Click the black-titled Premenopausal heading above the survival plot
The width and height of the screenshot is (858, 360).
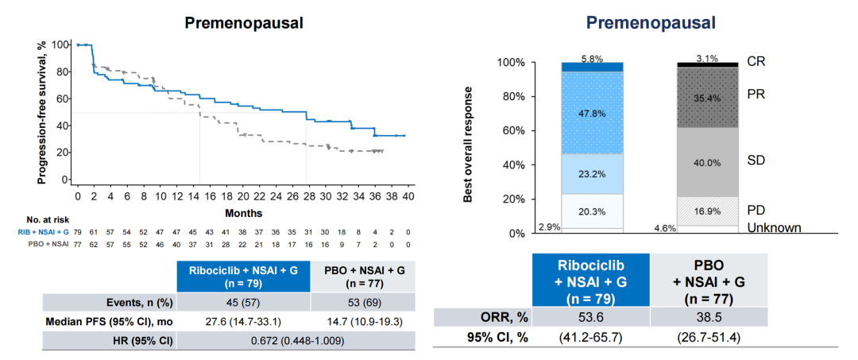(244, 22)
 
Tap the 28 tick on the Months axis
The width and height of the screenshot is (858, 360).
(306, 195)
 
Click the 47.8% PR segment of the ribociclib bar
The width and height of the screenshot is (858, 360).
(591, 113)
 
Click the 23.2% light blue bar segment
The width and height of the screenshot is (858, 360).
(591, 174)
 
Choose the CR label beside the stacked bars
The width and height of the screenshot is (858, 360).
(756, 60)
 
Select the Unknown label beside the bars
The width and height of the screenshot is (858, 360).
(773, 228)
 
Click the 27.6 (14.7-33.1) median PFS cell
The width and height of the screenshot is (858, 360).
(242, 321)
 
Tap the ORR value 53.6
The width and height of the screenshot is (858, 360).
(591, 317)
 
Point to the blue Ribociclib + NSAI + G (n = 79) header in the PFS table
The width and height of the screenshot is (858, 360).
(242, 276)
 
